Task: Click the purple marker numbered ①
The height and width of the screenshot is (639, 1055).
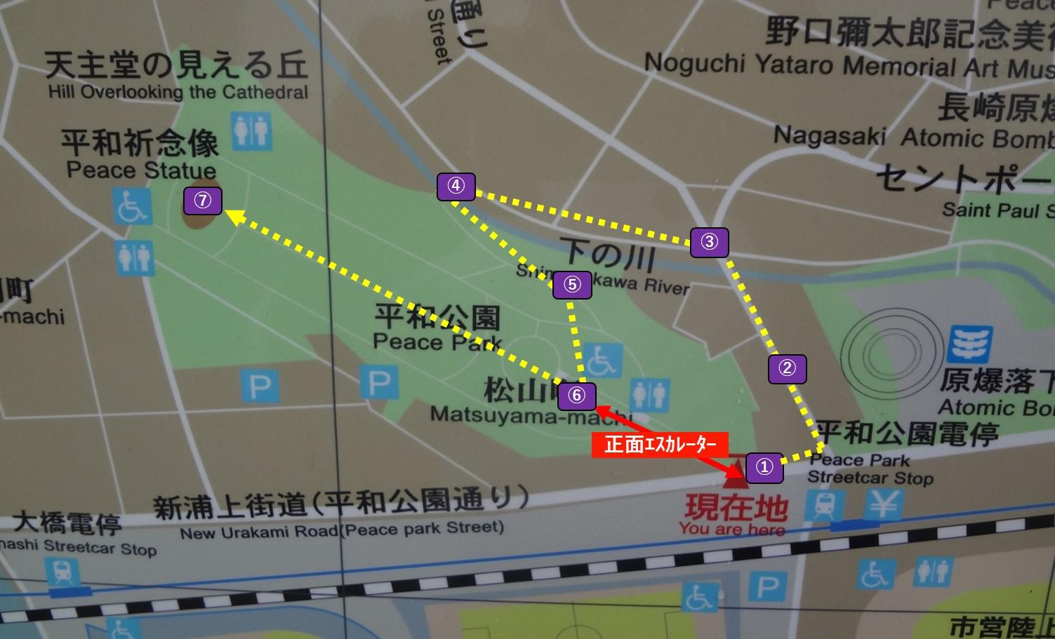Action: coord(764,467)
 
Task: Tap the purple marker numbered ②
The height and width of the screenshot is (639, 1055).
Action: coord(787,368)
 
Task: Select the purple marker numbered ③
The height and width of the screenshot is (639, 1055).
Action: coord(709,242)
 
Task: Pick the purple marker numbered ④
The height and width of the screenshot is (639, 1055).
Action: coord(456,187)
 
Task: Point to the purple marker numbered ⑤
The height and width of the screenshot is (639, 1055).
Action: coord(572,285)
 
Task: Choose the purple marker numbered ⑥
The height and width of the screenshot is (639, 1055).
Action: coord(576,396)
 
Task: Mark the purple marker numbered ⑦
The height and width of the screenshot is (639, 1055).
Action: coord(202,201)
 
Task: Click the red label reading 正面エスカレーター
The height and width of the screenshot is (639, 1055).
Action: coord(660,445)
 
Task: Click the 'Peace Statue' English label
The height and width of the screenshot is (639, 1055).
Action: coord(141,170)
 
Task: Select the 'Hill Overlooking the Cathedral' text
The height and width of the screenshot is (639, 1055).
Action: coord(178,92)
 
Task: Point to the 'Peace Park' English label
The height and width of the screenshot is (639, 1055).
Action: coord(437,342)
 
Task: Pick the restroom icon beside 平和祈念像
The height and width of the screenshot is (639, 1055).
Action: coord(251,130)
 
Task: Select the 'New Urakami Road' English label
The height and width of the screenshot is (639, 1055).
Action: coord(342,530)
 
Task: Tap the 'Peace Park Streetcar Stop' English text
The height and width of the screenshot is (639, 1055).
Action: coord(870,469)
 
